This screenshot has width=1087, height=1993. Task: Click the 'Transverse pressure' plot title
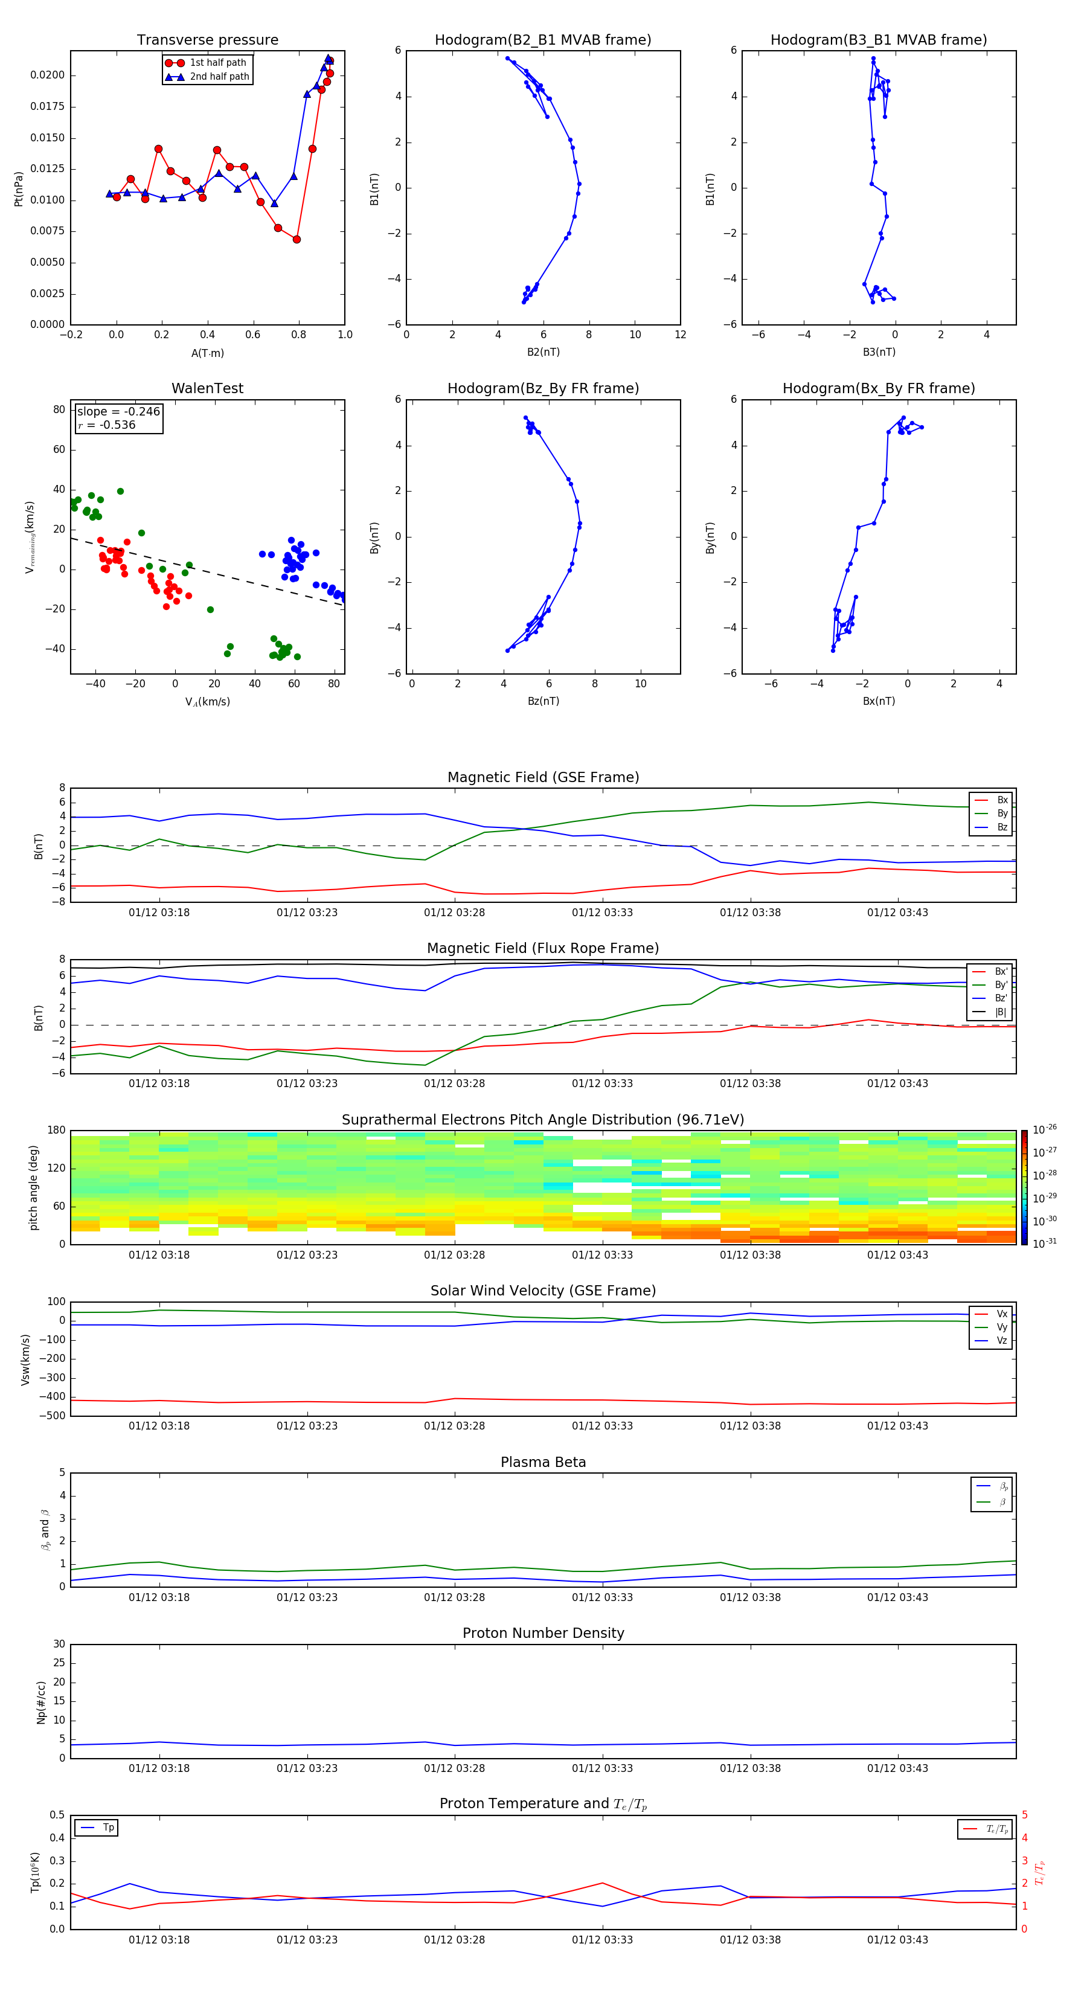click(x=207, y=40)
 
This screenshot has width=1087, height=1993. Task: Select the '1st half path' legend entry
click(x=217, y=63)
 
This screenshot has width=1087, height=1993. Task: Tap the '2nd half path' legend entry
click(x=219, y=77)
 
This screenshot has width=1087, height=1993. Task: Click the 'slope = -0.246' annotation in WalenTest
click(x=118, y=412)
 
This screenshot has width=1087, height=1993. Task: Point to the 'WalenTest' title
click(x=207, y=388)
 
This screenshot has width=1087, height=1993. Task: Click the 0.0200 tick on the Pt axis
click(x=47, y=75)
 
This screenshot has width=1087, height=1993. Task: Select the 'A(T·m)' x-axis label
click(x=207, y=353)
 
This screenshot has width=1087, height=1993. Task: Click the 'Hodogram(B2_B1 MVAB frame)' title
click(x=542, y=40)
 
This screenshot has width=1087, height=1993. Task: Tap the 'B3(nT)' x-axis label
click(x=879, y=352)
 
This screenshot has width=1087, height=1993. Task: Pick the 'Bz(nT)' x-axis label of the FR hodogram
click(x=543, y=701)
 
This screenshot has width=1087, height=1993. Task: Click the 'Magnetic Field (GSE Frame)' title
click(x=543, y=777)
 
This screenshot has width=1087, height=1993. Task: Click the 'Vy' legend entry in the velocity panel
click(x=1001, y=1327)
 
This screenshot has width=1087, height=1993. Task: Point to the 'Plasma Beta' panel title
click(x=543, y=1462)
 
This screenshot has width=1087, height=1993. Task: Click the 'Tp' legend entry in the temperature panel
click(x=108, y=1828)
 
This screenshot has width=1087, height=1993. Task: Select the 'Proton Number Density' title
click(x=543, y=1633)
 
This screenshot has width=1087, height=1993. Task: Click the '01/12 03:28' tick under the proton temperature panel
click(x=454, y=1940)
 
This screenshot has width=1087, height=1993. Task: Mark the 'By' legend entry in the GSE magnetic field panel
click(x=1002, y=814)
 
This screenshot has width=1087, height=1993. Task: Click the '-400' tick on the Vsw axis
click(x=54, y=1396)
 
